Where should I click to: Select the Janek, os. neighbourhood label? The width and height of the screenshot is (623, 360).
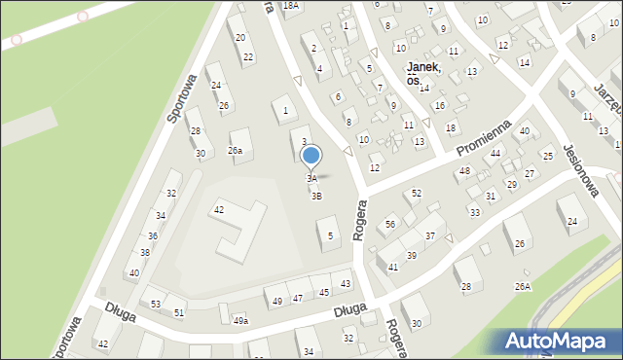tap(424, 72)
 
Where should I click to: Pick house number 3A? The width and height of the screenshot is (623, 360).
tap(311, 179)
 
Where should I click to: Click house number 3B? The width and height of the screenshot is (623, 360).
tap(316, 197)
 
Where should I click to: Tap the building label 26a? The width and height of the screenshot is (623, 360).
tap(235, 151)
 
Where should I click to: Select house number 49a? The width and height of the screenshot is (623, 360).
tap(239, 320)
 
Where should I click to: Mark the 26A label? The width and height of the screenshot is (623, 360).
tap(523, 286)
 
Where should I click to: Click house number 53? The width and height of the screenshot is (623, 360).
tap(156, 305)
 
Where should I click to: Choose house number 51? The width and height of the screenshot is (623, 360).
tap(179, 312)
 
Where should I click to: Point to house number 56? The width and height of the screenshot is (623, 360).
tap(390, 225)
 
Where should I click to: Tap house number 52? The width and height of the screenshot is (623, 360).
tap(417, 194)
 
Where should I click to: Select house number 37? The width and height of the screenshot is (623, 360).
tap(429, 236)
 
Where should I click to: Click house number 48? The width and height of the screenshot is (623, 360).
tap(464, 171)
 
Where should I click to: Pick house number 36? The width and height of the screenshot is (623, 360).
tap(153, 236)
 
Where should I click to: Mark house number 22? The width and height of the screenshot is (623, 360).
tap(248, 57)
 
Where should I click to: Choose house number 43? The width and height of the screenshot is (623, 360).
tap(345, 283)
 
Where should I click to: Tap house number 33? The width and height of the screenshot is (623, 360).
tap(474, 212)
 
